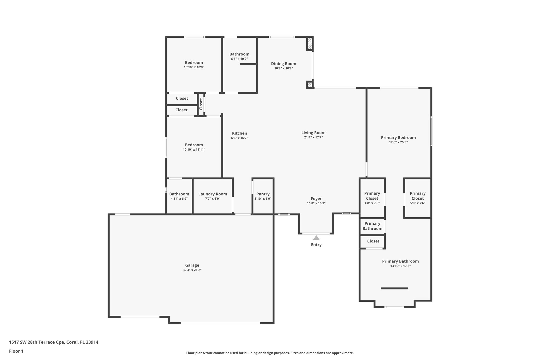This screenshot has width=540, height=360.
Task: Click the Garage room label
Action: point(192,265)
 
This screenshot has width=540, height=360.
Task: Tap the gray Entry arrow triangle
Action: point(316,238)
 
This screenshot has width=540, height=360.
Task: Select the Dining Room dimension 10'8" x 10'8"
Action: point(283,68)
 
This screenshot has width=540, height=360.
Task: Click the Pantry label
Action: point(263,194)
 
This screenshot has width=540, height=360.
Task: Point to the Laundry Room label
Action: point(213,194)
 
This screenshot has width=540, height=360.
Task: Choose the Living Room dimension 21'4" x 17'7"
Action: point(313,137)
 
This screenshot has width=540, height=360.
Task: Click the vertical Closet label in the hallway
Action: point(201,104)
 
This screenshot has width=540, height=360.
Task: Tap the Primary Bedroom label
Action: point(398,137)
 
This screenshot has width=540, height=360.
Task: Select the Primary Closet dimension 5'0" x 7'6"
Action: point(417,203)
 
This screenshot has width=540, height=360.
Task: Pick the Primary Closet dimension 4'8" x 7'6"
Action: point(372,203)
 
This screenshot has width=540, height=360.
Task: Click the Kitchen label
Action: point(239,133)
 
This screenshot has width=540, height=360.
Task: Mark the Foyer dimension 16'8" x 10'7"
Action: point(316,203)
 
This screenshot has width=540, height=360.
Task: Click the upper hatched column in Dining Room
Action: point(310,44)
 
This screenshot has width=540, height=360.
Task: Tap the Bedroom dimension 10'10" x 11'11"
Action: point(194,150)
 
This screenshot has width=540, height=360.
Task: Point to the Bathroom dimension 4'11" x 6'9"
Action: point(179,199)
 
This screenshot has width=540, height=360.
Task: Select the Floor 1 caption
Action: point(16,351)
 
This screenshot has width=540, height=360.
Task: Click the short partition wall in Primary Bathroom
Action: point(394,288)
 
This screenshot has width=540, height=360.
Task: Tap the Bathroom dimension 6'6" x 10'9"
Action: point(239,59)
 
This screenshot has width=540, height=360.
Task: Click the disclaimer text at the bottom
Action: point(270,353)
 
